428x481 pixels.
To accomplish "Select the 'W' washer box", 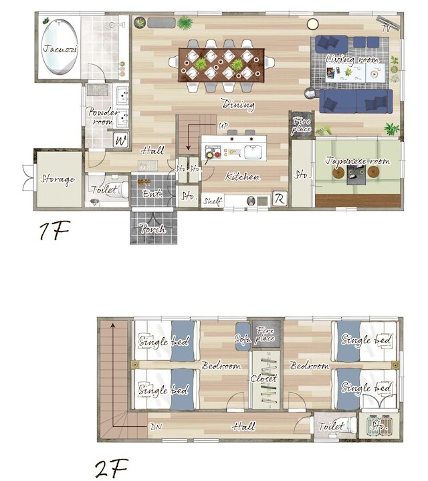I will point(120,140).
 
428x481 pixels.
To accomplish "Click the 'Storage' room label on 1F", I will point(58,179).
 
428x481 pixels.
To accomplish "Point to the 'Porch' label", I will point(152,229).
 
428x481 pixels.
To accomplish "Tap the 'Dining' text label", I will point(238,105).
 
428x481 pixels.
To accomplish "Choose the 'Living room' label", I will point(352,60).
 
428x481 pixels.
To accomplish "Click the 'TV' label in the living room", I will point(387,28).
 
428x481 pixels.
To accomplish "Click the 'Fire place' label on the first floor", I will point(301,124).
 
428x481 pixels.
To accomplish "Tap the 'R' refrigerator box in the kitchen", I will point(278,199).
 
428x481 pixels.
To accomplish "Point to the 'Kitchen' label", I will point(242,177).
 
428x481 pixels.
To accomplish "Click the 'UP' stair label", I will point(223,125).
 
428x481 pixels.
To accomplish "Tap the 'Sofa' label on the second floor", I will point(243,339).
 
